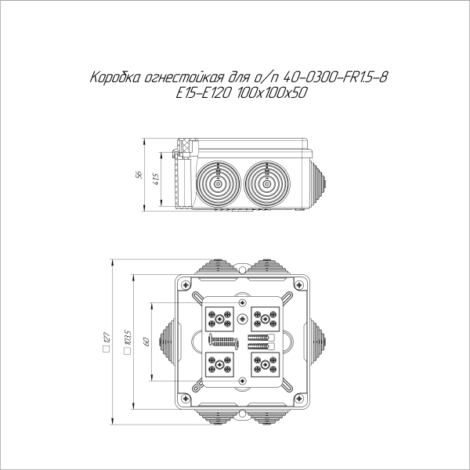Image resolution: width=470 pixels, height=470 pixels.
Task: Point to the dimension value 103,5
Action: tap(127, 342)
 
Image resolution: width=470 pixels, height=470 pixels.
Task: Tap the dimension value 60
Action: tap(145, 342)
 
